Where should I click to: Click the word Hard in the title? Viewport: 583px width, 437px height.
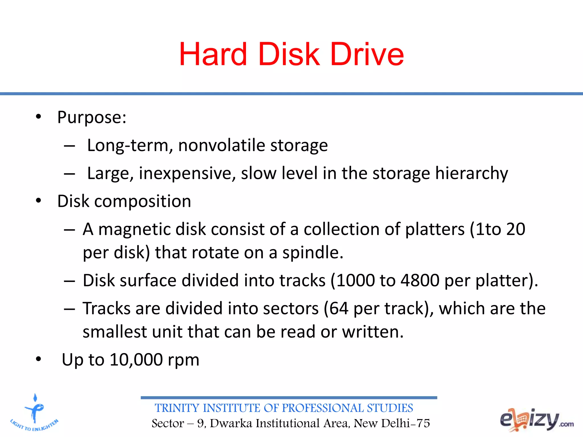[213, 54]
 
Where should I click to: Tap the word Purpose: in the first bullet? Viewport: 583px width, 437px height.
[92, 117]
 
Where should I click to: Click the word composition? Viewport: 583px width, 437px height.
[143, 201]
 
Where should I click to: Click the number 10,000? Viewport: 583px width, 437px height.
[136, 360]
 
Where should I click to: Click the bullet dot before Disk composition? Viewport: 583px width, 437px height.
[38, 201]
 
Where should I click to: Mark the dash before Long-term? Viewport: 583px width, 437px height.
[69, 146]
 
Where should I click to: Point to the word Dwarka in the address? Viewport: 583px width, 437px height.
[231, 423]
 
